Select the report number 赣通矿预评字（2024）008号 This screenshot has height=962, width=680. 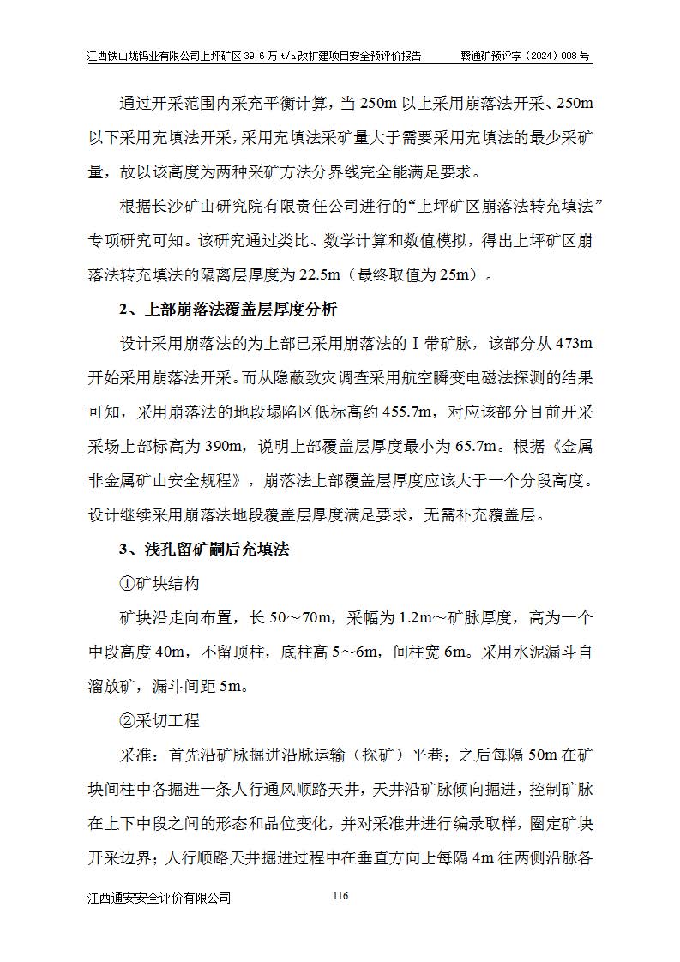coord(526,56)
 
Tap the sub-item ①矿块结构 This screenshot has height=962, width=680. coord(159,584)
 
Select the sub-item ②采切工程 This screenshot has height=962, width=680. coord(159,721)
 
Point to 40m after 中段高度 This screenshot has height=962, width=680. coord(172,652)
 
